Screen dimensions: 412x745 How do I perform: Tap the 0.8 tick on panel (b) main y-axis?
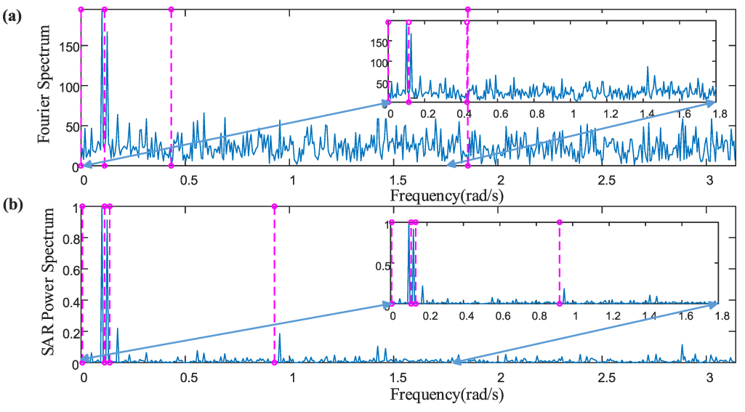point(68,238)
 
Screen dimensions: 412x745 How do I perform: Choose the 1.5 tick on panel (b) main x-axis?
point(396,379)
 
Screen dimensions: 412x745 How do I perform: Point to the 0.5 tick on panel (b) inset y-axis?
point(378,266)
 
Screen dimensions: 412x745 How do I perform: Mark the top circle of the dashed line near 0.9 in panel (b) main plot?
point(274,206)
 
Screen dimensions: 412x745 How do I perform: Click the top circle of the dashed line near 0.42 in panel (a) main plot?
point(171,9)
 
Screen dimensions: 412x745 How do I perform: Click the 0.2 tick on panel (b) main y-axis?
point(68,332)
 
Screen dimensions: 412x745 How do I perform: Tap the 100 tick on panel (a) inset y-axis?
point(376,62)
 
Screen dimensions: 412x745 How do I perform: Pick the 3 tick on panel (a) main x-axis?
point(709,179)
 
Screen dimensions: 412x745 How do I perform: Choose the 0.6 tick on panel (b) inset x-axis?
point(502,316)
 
